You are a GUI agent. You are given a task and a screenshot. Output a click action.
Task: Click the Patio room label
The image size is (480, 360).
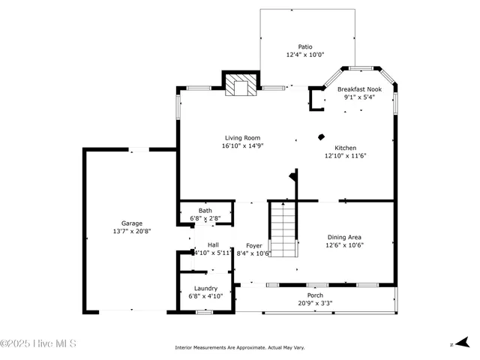click(304, 46)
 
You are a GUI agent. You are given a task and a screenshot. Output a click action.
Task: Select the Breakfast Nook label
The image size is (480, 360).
click(358, 88)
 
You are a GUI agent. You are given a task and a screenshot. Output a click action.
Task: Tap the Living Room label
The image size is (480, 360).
click(242, 137)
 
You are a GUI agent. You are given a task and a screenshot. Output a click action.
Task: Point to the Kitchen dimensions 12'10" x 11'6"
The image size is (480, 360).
click(345, 156)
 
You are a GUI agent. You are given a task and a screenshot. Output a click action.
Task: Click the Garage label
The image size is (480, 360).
click(132, 223)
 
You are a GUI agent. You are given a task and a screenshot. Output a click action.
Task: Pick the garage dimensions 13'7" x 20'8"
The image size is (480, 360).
click(132, 231)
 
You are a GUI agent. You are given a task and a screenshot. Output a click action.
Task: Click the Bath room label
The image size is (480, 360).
click(205, 210)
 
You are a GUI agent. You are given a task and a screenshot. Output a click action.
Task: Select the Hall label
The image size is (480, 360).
click(213, 244)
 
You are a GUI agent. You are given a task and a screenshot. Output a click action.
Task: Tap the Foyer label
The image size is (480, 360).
click(254, 245)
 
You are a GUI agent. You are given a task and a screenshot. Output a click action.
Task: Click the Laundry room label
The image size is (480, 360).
click(205, 288)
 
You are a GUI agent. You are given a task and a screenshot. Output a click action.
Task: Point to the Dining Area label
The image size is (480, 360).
click(344, 237)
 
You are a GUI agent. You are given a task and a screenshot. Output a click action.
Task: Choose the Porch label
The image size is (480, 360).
click(315, 295)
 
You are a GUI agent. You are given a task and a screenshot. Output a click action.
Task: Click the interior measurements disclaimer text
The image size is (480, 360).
click(239, 347)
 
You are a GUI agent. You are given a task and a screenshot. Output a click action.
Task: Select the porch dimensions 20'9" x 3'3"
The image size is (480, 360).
click(315, 303)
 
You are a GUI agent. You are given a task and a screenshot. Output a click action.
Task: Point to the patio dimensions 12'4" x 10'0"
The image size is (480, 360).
click(304, 55)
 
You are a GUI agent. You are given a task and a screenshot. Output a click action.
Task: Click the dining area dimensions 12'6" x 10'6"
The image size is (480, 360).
click(344, 245)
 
